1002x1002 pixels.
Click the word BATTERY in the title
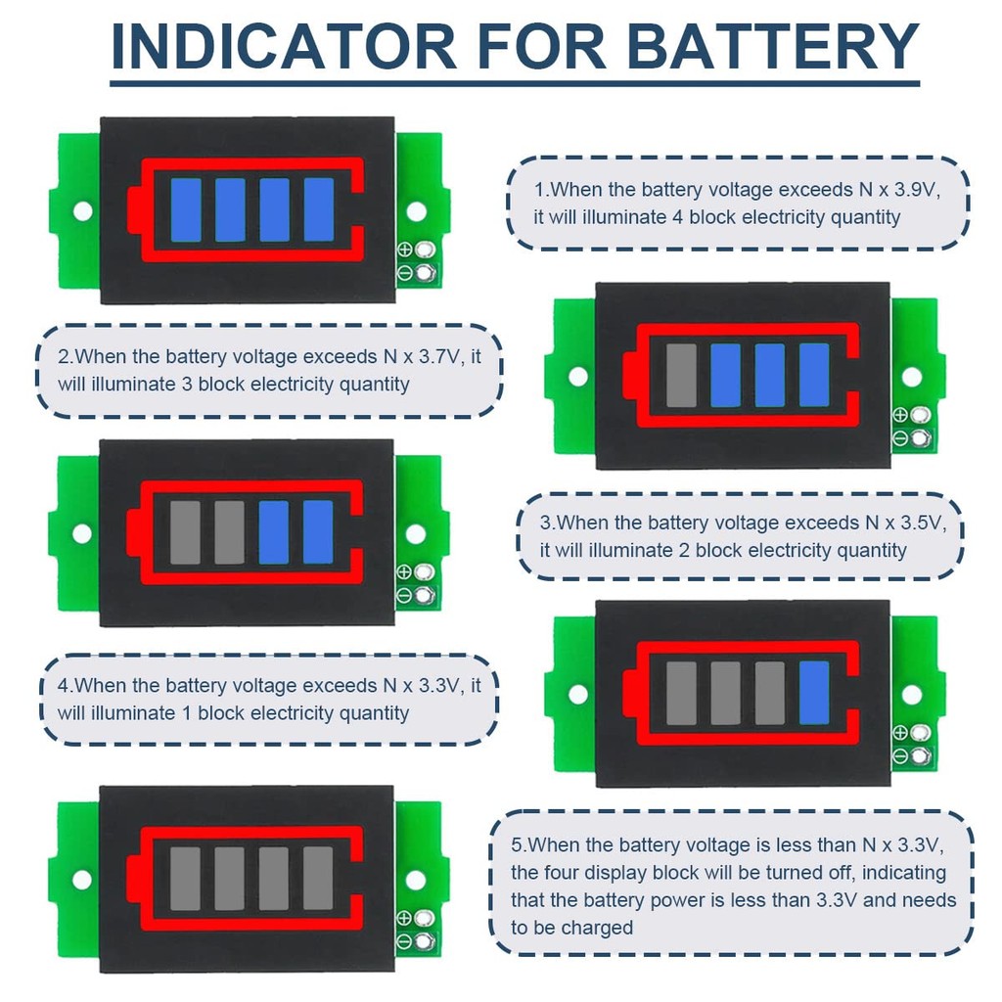tap(773, 47)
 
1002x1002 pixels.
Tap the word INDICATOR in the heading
tap(284, 47)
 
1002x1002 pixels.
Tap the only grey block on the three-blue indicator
tap(681, 376)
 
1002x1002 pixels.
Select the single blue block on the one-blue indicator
tap(814, 693)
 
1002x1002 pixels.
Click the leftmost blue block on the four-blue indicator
tap(186, 209)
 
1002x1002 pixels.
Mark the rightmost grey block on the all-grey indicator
tap(318, 878)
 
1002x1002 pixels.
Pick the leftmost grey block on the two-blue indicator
tap(185, 533)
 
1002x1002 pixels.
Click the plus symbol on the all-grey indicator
tap(404, 918)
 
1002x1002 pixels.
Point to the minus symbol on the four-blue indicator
tap(404, 272)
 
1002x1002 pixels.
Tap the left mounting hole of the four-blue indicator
tap(83, 210)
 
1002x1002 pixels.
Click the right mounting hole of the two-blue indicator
tap(416, 534)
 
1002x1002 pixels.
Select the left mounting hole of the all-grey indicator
tap(82, 879)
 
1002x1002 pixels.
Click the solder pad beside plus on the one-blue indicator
tap(919, 733)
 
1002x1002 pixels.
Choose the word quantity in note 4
tap(375, 713)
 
